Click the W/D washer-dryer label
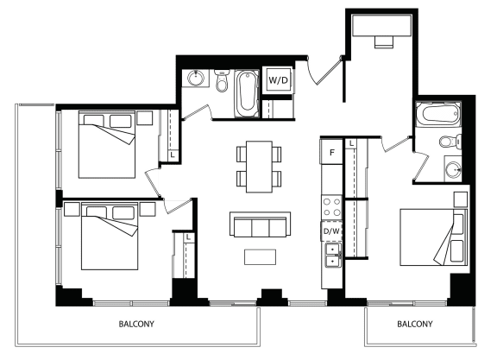click(x=279, y=80)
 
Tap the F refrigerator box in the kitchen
click(x=332, y=152)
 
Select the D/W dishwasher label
click(x=331, y=231)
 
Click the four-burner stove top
click(x=332, y=206)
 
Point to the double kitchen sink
click(x=332, y=255)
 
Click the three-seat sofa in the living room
click(x=260, y=224)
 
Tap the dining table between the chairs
click(x=259, y=167)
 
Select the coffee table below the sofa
click(x=260, y=257)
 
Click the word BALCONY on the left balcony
click(x=136, y=324)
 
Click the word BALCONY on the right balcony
click(x=414, y=324)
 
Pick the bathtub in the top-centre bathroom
click(x=247, y=94)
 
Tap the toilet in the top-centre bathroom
click(x=222, y=81)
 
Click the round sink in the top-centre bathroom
click(x=195, y=79)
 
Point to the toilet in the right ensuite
click(x=450, y=142)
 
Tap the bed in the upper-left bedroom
click(x=107, y=144)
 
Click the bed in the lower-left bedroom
click(x=110, y=237)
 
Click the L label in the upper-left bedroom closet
click(x=173, y=155)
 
